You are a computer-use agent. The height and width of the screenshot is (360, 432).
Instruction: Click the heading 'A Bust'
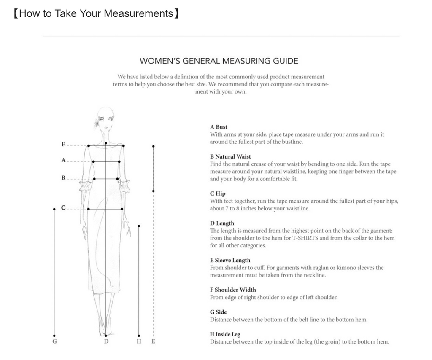[x=219, y=127]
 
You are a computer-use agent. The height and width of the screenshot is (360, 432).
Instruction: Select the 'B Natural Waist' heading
[x=230, y=156]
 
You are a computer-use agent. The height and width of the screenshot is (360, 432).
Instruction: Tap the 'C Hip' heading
[x=218, y=193]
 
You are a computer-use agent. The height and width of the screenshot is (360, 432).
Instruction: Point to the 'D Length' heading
[x=222, y=223]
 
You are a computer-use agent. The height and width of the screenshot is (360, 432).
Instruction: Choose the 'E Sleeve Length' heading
[x=230, y=260]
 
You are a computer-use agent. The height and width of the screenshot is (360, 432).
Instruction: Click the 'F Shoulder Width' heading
[x=233, y=290]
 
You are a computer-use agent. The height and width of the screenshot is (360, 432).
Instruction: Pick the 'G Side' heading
[x=218, y=312]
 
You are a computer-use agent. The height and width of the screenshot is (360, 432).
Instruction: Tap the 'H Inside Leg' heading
[x=225, y=334]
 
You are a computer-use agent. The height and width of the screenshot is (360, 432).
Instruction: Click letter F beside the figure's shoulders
[x=63, y=145]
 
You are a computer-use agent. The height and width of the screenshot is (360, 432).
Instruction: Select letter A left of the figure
[x=63, y=160]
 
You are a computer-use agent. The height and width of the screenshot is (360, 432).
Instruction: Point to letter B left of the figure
[x=63, y=178]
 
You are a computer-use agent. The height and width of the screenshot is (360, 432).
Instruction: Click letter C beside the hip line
[x=63, y=208]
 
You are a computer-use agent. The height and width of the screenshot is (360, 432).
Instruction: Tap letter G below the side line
[x=54, y=341]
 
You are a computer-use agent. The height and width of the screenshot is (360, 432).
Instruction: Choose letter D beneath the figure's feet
[x=106, y=341]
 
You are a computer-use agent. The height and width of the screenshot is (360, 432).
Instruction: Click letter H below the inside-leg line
[x=139, y=341]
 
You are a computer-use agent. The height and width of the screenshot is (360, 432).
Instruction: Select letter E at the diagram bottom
[x=153, y=341]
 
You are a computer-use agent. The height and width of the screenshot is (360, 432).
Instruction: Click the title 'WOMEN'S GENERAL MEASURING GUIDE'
[x=219, y=61]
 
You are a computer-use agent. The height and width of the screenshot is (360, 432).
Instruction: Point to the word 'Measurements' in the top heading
[x=139, y=13]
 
